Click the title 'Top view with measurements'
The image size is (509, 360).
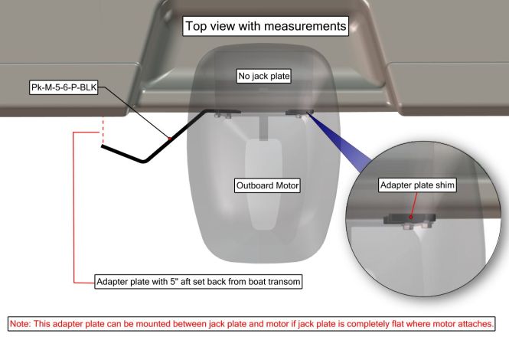click(x=266, y=26)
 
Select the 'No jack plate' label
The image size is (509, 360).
click(x=263, y=76)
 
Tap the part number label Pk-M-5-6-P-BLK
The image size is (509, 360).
click(x=64, y=87)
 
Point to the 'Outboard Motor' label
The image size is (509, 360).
click(x=267, y=185)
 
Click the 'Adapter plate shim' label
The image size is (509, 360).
click(x=417, y=185)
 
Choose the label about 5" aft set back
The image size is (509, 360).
click(x=198, y=281)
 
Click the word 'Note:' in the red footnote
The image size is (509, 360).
click(x=21, y=324)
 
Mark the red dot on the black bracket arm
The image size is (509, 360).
click(x=169, y=139)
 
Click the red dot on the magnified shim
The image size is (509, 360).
click(x=410, y=217)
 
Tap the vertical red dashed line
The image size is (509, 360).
click(x=103, y=130)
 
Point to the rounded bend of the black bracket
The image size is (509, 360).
click(x=144, y=160)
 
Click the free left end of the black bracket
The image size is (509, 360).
click(x=103, y=146)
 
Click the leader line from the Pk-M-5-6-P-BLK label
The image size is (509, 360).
click(x=134, y=113)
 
